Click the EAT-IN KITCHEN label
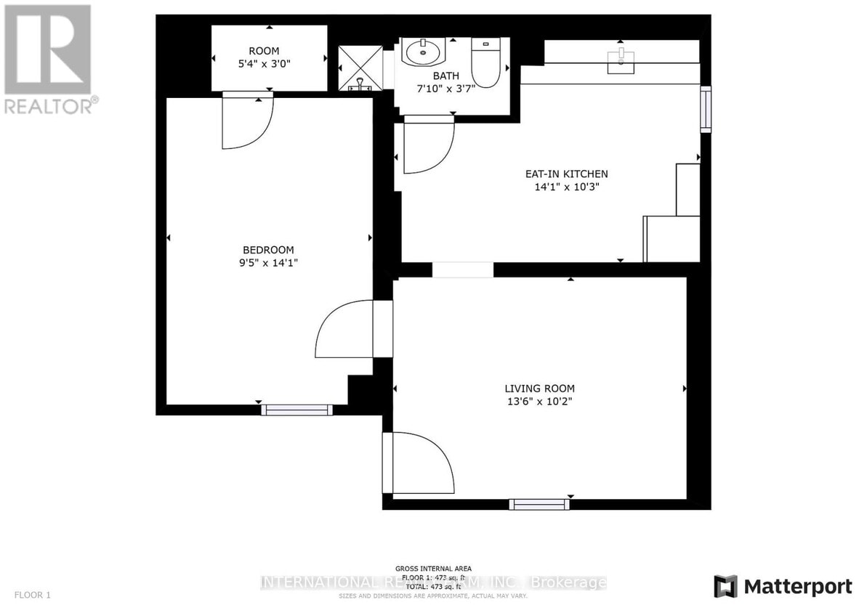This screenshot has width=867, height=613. pyautogui.click(x=566, y=174)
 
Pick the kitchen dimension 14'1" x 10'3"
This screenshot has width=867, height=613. pyautogui.click(x=566, y=187)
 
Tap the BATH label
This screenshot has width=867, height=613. pyautogui.click(x=446, y=76)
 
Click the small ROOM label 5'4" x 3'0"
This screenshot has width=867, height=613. pyautogui.click(x=269, y=57)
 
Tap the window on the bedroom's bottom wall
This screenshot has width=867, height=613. pyautogui.click(x=297, y=410)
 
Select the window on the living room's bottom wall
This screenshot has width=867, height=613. pyautogui.click(x=539, y=504)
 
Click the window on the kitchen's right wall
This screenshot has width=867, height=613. pyautogui.click(x=705, y=109)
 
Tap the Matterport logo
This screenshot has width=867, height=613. pyautogui.click(x=783, y=586)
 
